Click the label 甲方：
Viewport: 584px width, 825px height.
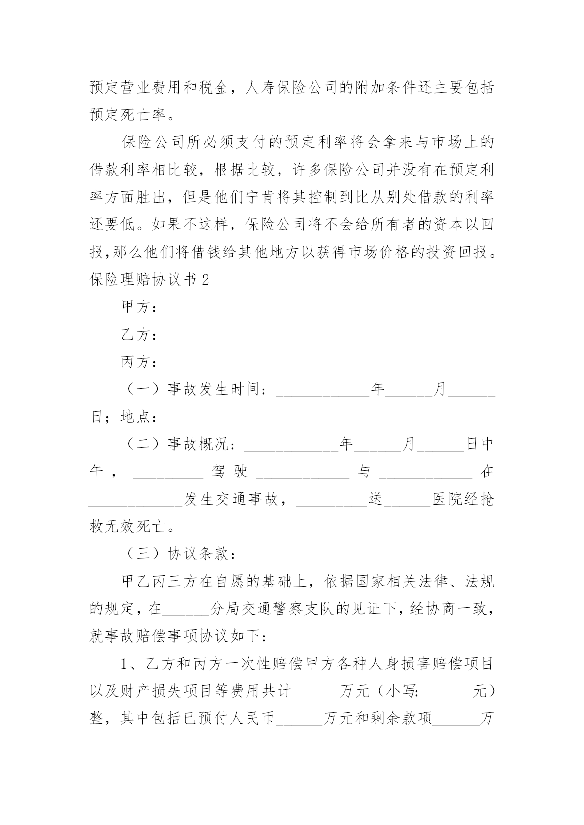139,308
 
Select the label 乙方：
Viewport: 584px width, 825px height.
139,335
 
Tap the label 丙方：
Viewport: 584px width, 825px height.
139,362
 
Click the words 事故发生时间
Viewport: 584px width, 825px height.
213,389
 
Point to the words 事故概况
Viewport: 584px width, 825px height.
198,444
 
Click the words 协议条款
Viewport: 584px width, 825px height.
198,554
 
